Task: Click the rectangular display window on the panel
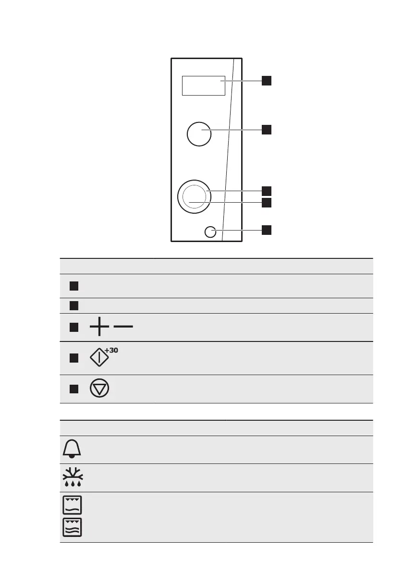click(x=204, y=85)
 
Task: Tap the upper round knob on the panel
click(x=198, y=134)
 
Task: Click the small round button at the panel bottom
click(x=210, y=232)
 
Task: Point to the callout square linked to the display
click(x=267, y=81)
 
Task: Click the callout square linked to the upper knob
click(x=267, y=129)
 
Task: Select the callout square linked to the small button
click(x=267, y=230)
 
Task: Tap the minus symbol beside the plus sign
click(x=124, y=327)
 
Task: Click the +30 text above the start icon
click(x=112, y=350)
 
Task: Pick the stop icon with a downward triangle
click(x=99, y=388)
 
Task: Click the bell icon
click(x=72, y=450)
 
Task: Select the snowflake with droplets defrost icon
click(x=72, y=477)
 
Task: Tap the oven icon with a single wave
click(x=72, y=505)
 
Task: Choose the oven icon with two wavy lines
click(x=72, y=527)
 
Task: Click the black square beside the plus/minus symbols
click(x=73, y=327)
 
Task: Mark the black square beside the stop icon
click(x=73, y=389)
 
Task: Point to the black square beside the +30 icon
click(x=73, y=358)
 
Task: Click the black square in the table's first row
click(x=73, y=286)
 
